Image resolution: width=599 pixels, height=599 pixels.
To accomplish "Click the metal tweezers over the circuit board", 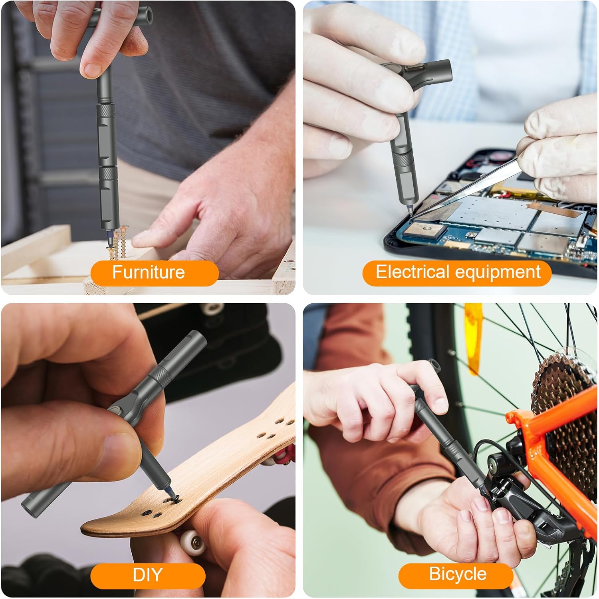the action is (467, 192).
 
